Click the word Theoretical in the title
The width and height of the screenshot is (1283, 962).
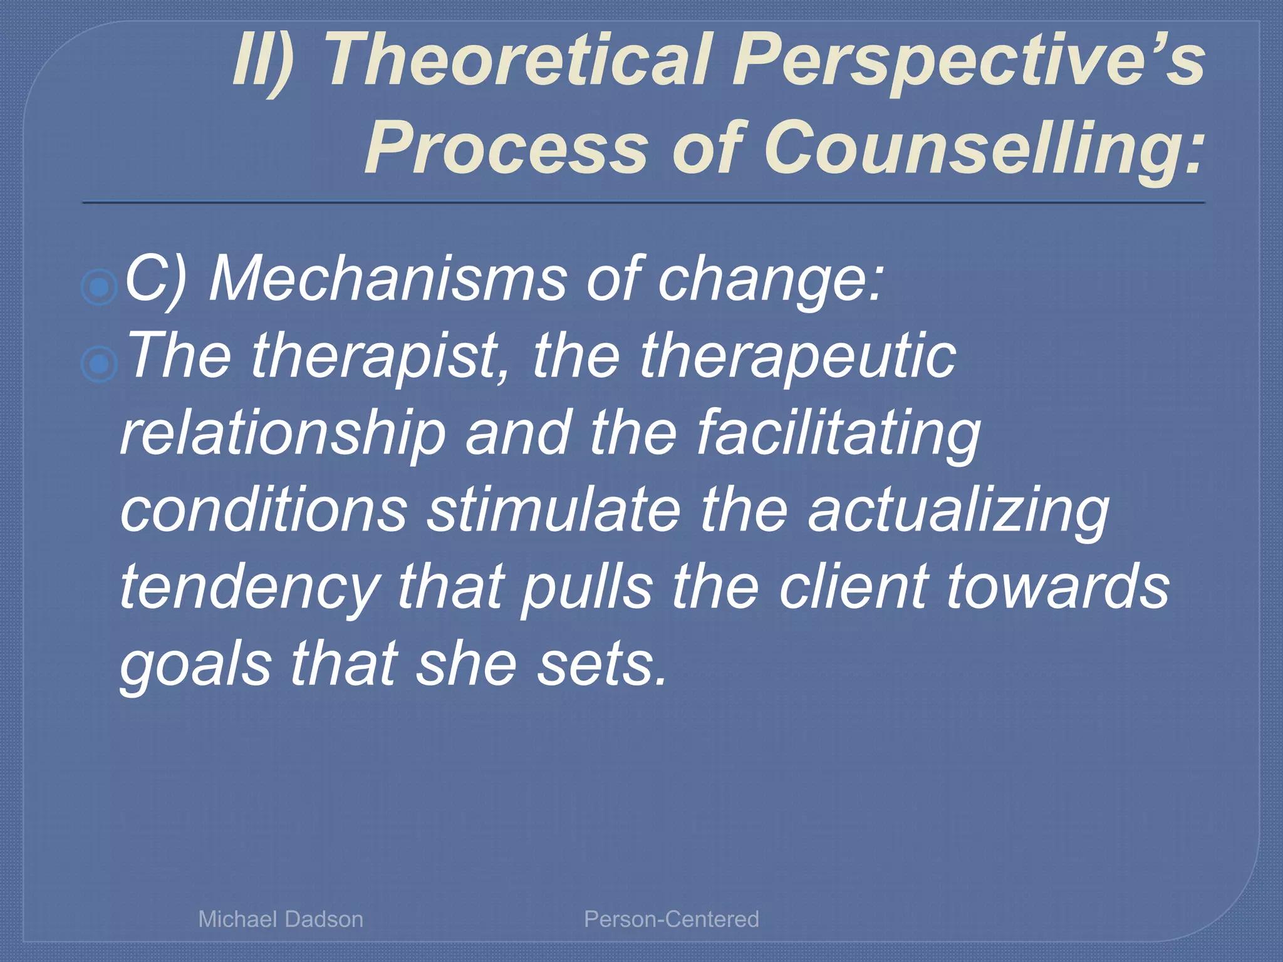pos(517,61)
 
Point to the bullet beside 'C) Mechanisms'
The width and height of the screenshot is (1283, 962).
pos(100,287)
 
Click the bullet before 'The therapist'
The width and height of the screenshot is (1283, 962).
pos(100,364)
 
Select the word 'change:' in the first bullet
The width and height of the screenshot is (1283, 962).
pos(770,279)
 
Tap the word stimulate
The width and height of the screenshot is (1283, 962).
pos(554,510)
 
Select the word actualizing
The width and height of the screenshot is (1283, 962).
pos(958,510)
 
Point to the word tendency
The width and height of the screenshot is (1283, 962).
pos(250,587)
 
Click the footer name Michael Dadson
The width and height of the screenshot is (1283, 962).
pos(281,919)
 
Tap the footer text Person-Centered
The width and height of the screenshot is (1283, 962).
pos(671,919)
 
